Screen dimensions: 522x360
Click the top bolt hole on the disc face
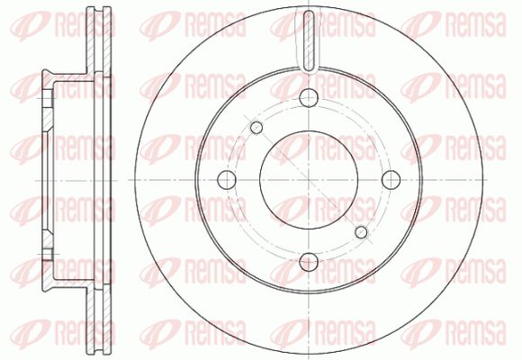[309, 97]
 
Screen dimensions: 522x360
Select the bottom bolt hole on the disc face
[309, 262]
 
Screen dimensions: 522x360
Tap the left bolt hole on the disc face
[227, 180]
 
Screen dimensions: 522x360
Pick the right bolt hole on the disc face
[391, 180]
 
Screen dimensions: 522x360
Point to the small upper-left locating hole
[256, 127]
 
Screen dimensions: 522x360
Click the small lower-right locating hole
[361, 232]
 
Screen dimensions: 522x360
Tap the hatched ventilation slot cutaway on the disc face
[309, 41]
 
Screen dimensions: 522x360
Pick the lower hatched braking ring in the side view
[98, 318]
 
